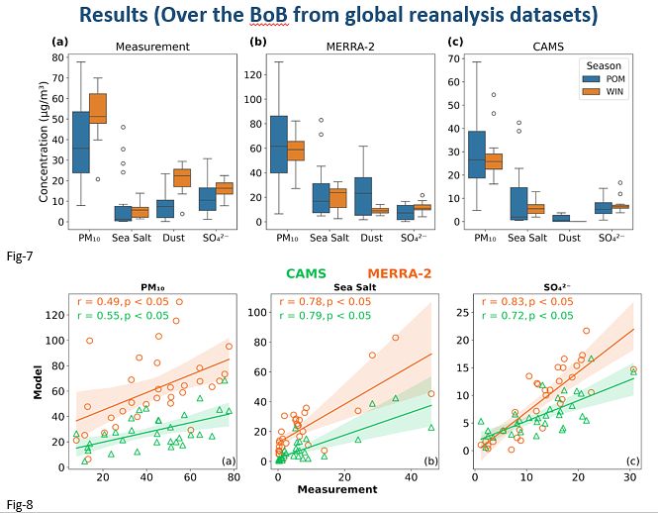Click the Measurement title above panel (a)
click(152, 47)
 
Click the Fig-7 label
click(17, 256)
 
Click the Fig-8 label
click(17, 505)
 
